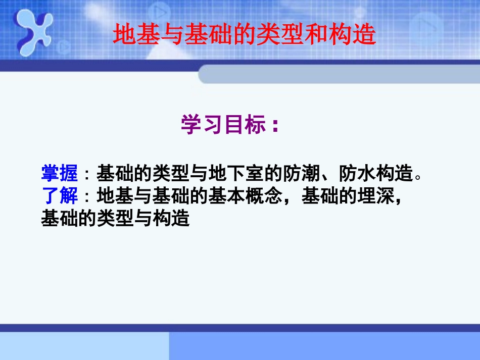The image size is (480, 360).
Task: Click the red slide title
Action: (x=245, y=34)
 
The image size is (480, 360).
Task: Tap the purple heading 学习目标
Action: (x=223, y=125)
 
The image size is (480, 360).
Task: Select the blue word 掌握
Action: (x=59, y=174)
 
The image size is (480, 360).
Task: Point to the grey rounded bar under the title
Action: (x=339, y=74)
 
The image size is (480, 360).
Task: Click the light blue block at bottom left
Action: (x=83, y=346)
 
